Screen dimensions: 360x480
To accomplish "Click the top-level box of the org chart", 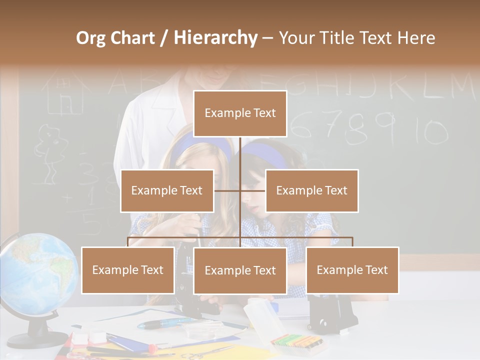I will (x=240, y=113).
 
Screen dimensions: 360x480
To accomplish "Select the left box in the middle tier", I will (x=167, y=190).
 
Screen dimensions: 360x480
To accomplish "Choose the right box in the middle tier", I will (x=311, y=190).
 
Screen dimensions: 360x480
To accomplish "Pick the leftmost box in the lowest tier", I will (x=128, y=270).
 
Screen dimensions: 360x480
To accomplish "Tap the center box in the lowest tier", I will (x=240, y=270).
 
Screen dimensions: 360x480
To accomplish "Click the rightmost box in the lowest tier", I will (x=352, y=270).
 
